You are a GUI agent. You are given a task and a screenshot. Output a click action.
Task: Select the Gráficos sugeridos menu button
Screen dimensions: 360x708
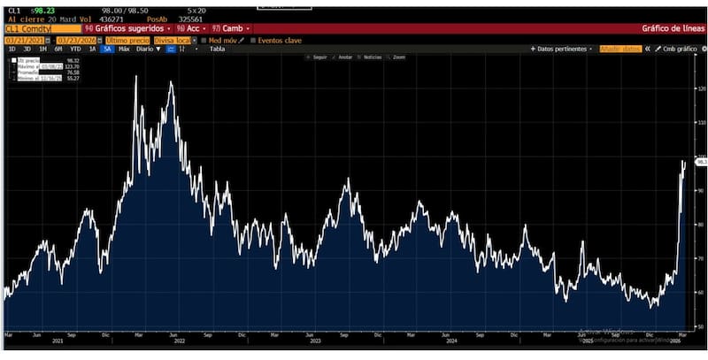128,28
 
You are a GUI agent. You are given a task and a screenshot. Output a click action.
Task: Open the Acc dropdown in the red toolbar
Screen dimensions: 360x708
191,28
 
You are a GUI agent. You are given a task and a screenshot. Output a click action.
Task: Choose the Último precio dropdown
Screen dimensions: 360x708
127,40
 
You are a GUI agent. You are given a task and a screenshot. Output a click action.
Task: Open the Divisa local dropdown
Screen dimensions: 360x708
173,40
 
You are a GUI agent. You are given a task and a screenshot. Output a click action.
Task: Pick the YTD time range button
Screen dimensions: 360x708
75,49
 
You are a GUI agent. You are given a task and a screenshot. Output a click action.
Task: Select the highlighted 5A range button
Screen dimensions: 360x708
107,49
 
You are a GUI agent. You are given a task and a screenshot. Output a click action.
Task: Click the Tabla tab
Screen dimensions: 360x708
217,49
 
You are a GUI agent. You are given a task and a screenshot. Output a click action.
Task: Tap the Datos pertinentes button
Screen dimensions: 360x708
563,49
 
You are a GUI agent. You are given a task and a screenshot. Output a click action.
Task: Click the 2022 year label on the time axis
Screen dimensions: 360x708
178,340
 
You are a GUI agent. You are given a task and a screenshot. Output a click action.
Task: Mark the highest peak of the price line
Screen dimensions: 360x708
136,77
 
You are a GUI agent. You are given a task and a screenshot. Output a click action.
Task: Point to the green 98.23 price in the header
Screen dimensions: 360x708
43,10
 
